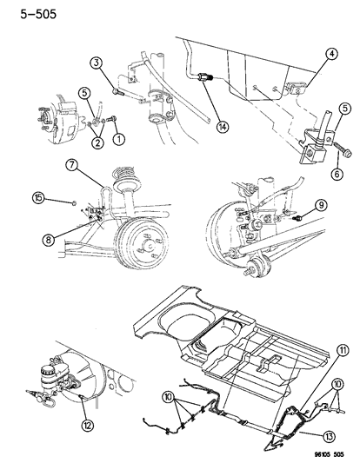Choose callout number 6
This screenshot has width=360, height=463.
point(334,173)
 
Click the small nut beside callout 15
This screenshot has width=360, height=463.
point(77,202)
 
